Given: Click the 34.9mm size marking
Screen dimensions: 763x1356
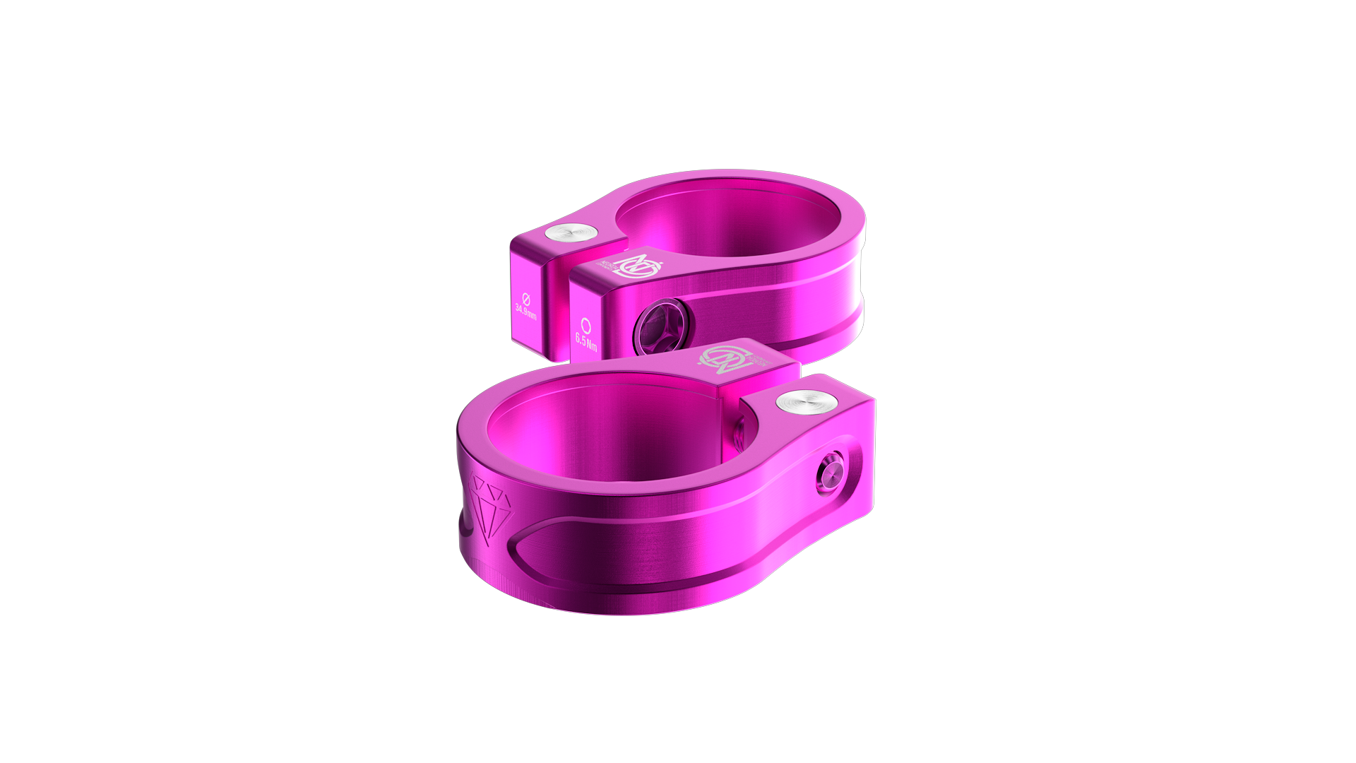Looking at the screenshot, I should (525, 311).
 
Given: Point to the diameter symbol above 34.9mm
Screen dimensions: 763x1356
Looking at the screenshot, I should (525, 297).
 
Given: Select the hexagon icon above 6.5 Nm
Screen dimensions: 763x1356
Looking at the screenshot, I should (585, 324).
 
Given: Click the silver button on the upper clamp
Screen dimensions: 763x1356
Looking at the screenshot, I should (572, 234).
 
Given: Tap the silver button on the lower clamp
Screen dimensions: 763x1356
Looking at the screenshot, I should (807, 402).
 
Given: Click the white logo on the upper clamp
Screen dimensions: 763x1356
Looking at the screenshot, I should (638, 265).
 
